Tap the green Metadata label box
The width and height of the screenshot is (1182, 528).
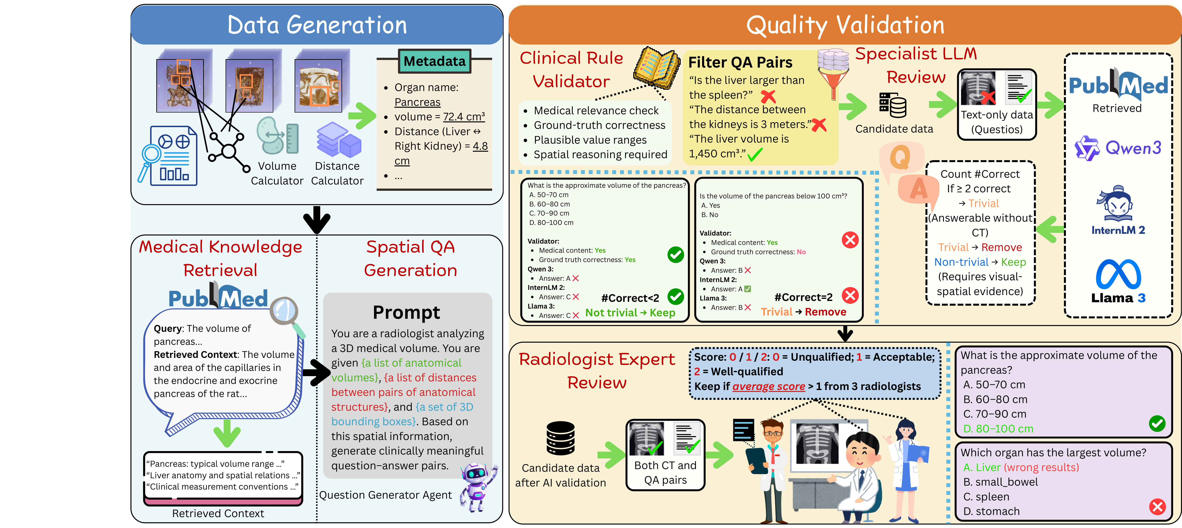pos(434,61)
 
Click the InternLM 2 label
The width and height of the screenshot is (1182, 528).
pos(1118,230)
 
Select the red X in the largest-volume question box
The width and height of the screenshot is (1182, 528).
pos(1157,507)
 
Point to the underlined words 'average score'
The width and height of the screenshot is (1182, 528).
pos(769,387)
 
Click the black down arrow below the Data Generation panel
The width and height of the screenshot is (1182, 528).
pos(317,219)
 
